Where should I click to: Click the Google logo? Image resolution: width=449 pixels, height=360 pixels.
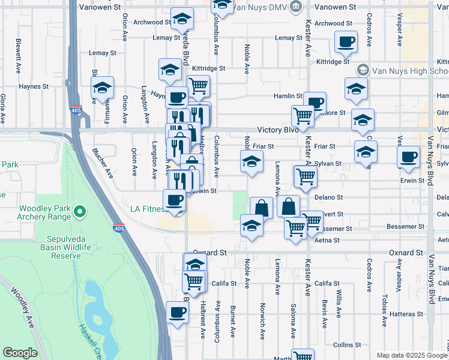click(19, 353)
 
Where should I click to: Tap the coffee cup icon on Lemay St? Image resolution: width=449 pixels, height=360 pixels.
click(345, 42)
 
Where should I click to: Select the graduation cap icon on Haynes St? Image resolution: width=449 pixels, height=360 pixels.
click(103, 88)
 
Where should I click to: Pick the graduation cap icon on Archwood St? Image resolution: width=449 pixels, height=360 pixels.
click(182, 19)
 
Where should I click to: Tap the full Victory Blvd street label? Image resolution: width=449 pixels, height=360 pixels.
click(278, 130)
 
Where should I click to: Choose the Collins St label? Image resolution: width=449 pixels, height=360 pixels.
click(346, 344)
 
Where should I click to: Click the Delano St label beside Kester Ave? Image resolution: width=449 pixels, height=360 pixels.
click(330, 197)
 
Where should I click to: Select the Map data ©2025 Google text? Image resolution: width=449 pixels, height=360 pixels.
click(412, 355)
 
